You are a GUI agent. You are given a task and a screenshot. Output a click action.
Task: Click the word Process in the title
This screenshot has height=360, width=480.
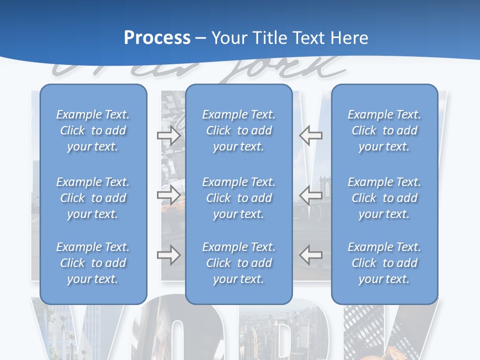click(x=157, y=38)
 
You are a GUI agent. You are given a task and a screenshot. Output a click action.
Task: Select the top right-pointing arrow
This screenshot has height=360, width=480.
click(x=168, y=135)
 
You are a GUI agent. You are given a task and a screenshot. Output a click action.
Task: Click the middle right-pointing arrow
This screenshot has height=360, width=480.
click(x=168, y=194)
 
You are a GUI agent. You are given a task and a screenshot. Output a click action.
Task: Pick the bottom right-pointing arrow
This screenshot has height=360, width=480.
click(x=168, y=254)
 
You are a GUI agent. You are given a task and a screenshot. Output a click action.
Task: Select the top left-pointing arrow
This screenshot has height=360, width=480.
click(x=310, y=135)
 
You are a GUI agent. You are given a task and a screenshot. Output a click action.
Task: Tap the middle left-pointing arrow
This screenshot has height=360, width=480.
click(x=310, y=194)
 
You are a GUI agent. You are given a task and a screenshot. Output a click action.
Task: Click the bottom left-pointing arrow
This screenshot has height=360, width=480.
click(x=310, y=254)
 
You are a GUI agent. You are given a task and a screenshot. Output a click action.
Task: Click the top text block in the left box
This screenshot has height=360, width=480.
click(x=93, y=130)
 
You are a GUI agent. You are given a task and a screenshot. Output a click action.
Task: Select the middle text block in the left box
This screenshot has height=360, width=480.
click(x=93, y=198)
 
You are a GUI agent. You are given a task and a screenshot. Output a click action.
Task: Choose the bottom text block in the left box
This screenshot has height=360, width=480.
click(x=93, y=263)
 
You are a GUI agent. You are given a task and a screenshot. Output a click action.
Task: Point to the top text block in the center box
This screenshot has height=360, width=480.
click(x=238, y=130)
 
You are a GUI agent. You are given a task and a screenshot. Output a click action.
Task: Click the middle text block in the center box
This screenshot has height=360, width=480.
click(x=238, y=198)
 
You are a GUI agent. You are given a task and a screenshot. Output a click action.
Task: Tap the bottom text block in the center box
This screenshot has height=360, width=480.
click(x=238, y=263)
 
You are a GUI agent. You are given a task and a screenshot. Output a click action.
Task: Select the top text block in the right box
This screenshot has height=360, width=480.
click(x=384, y=130)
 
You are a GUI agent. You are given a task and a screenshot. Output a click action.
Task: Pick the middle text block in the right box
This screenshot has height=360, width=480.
click(x=384, y=198)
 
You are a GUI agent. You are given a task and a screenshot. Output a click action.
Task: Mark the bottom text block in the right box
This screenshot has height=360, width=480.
click(x=384, y=263)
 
